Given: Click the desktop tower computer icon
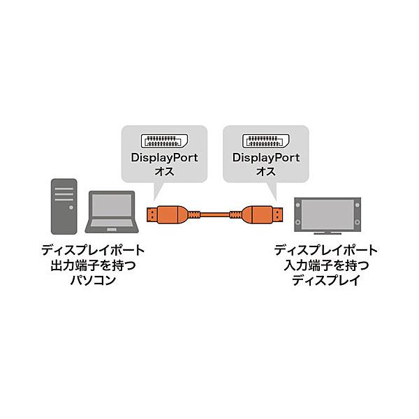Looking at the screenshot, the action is (x=64, y=206).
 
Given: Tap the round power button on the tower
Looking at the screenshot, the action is (x=71, y=207).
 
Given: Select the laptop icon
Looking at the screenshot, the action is (x=112, y=212).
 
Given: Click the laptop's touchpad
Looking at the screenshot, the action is (x=112, y=230).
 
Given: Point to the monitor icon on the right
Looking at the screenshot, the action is (x=328, y=216).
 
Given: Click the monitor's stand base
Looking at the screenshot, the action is (x=328, y=233).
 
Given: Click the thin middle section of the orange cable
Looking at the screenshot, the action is (x=214, y=214).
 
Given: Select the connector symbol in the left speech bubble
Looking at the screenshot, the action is (x=164, y=141).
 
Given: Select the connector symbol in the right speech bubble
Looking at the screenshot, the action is (x=266, y=141).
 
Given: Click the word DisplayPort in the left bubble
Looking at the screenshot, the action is (x=164, y=158).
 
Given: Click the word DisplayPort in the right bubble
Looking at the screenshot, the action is (x=266, y=158).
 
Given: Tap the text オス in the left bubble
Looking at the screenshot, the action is (x=164, y=171).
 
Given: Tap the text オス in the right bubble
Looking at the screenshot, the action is (x=266, y=171).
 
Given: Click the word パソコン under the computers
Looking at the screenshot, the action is (x=93, y=280).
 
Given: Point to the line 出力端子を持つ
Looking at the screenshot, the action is (x=93, y=265).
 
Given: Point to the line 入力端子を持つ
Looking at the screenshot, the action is (x=326, y=265).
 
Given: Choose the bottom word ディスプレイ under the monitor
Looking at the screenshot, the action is (x=326, y=280).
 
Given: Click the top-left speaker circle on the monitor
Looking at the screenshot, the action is (x=298, y=205).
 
